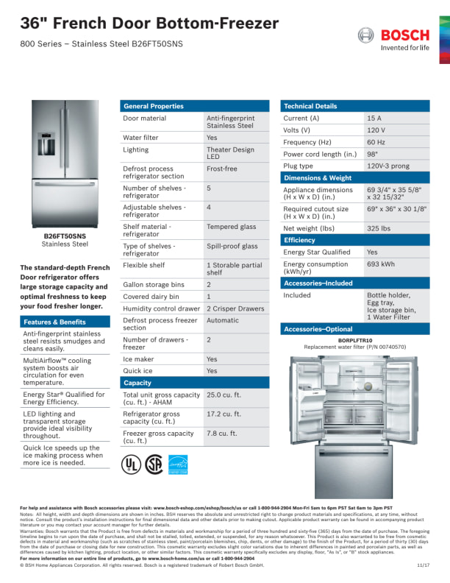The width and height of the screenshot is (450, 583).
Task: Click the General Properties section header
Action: [x=154, y=106]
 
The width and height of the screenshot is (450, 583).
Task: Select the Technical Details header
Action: [x=310, y=106]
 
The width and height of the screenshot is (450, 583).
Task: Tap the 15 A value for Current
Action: [x=374, y=118]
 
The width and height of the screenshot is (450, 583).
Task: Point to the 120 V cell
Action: [x=375, y=130]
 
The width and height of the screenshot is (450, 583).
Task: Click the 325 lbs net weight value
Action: [x=378, y=228]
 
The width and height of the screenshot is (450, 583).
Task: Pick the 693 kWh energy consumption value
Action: [x=380, y=264]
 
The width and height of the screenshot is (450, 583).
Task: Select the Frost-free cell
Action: [x=221, y=169]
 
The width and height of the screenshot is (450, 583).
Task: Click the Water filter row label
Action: [x=140, y=138]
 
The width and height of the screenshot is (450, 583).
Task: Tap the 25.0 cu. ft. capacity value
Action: [x=224, y=395]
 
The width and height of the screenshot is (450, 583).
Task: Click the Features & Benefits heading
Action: [x=54, y=322]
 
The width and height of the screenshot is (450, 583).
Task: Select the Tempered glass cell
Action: [x=231, y=227]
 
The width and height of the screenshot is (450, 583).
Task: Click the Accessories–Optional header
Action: [x=318, y=329]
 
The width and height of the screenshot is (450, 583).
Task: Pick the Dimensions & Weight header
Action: [x=318, y=178]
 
